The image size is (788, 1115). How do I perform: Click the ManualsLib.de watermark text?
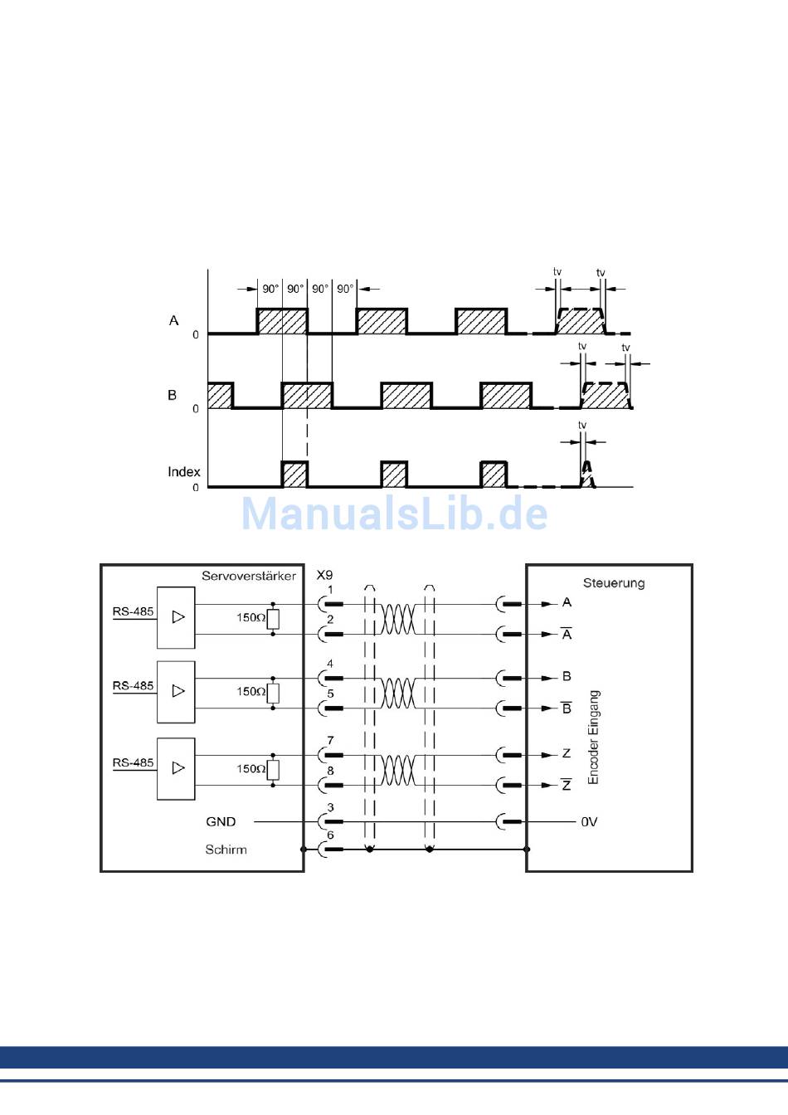pyautogui.click(x=394, y=514)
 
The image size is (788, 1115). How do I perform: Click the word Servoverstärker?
pyautogui.click(x=248, y=576)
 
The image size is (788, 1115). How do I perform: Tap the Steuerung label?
pyautogui.click(x=613, y=583)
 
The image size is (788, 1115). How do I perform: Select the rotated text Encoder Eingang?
pyautogui.click(x=593, y=737)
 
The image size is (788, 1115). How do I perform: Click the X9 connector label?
pyautogui.click(x=324, y=575)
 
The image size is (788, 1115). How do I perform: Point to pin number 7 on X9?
pyautogui.click(x=330, y=740)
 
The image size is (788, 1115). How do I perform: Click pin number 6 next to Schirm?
pyautogui.click(x=330, y=835)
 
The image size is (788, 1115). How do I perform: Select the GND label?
pyautogui.click(x=221, y=821)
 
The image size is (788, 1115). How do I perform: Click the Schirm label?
pyautogui.click(x=226, y=850)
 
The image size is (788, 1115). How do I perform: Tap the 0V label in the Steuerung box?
pyautogui.click(x=589, y=822)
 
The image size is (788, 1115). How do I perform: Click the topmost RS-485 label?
pyautogui.click(x=133, y=611)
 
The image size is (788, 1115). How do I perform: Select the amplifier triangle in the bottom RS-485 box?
pyautogui.click(x=178, y=767)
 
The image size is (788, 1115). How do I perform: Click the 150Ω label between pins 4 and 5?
pyautogui.click(x=251, y=691)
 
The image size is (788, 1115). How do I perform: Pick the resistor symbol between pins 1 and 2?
pyautogui.click(x=273, y=619)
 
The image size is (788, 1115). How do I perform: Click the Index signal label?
pyautogui.click(x=183, y=472)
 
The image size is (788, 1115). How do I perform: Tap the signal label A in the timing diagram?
pyautogui.click(x=173, y=320)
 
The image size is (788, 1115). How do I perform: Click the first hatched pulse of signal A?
pyautogui.click(x=282, y=321)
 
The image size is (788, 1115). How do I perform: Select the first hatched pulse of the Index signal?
pyautogui.click(x=294, y=474)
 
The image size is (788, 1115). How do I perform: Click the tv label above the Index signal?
pyautogui.click(x=582, y=426)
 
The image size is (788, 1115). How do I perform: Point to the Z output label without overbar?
pyautogui.click(x=567, y=754)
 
